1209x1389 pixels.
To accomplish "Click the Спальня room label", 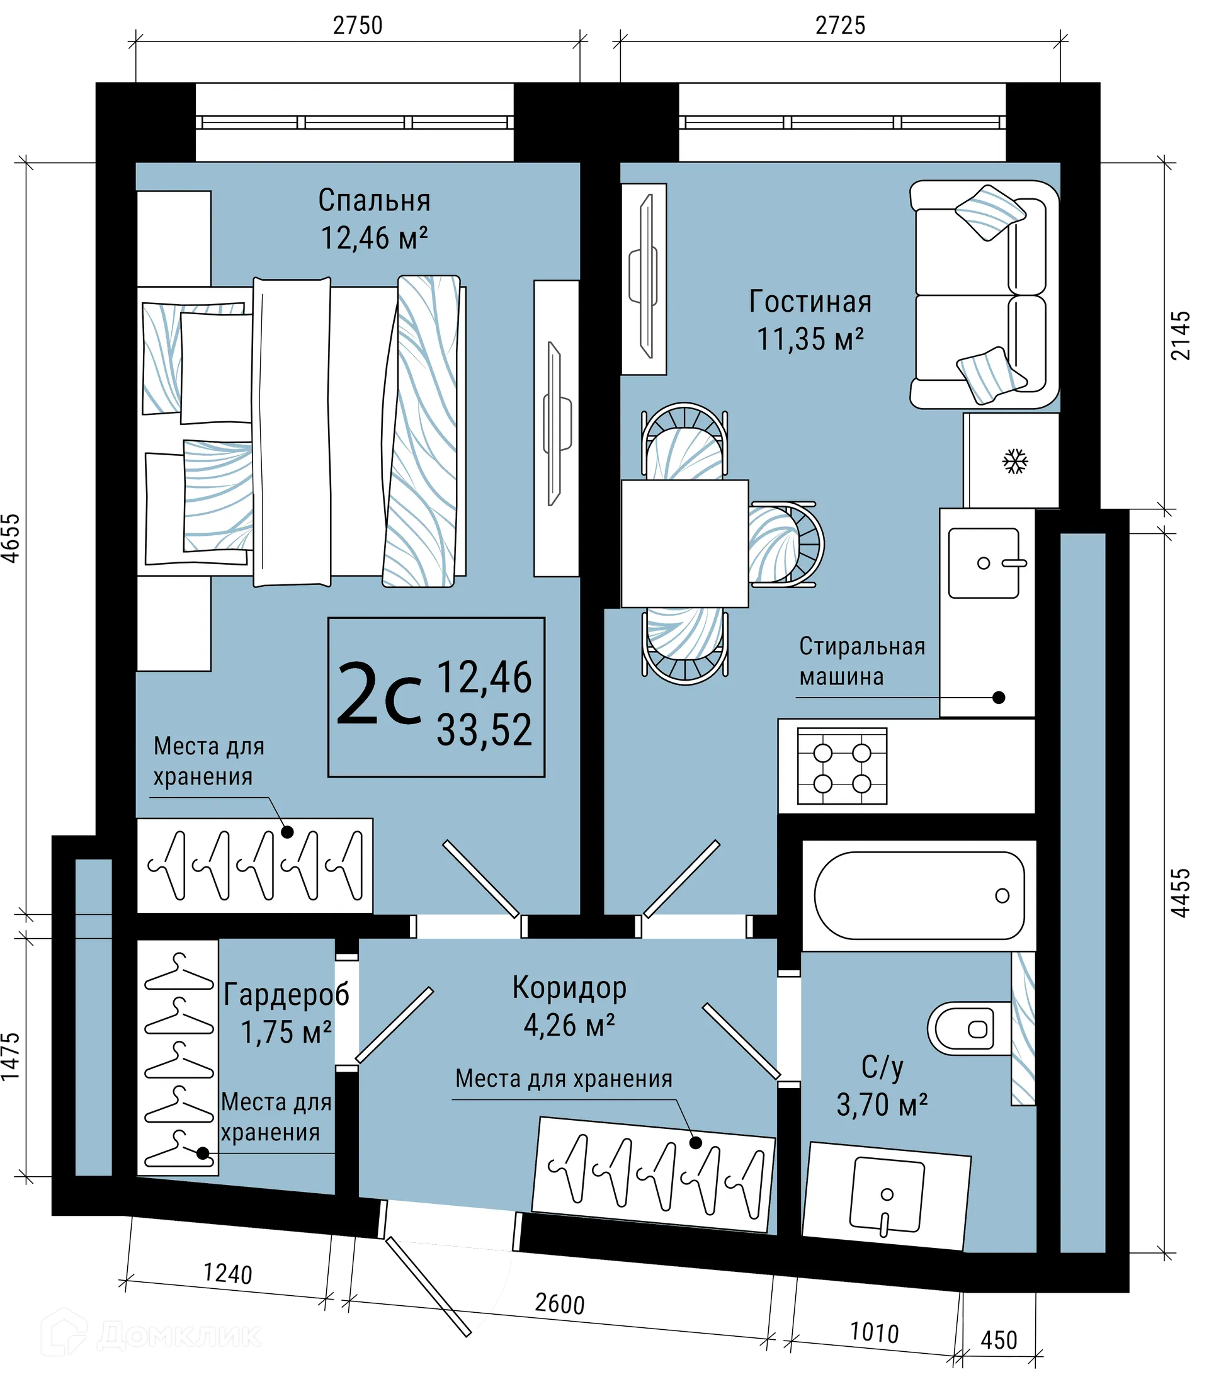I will click(375, 200).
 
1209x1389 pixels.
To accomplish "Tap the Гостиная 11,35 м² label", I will click(810, 320).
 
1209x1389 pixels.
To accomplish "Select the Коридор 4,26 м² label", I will click(569, 1006).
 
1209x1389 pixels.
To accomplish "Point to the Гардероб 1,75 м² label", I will click(286, 1012).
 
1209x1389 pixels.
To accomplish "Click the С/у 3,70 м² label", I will click(882, 1086).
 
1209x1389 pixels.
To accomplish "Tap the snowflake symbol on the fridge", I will click(1014, 462).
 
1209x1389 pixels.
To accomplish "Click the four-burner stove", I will click(841, 766).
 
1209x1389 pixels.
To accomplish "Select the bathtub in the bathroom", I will click(918, 896).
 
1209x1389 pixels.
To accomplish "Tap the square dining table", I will click(684, 544).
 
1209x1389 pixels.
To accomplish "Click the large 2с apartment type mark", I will click(378, 695).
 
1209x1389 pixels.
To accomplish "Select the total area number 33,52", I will click(484, 730).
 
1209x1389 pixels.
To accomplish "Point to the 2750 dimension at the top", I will click(358, 26).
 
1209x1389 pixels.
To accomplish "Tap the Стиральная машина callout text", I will click(861, 661).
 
